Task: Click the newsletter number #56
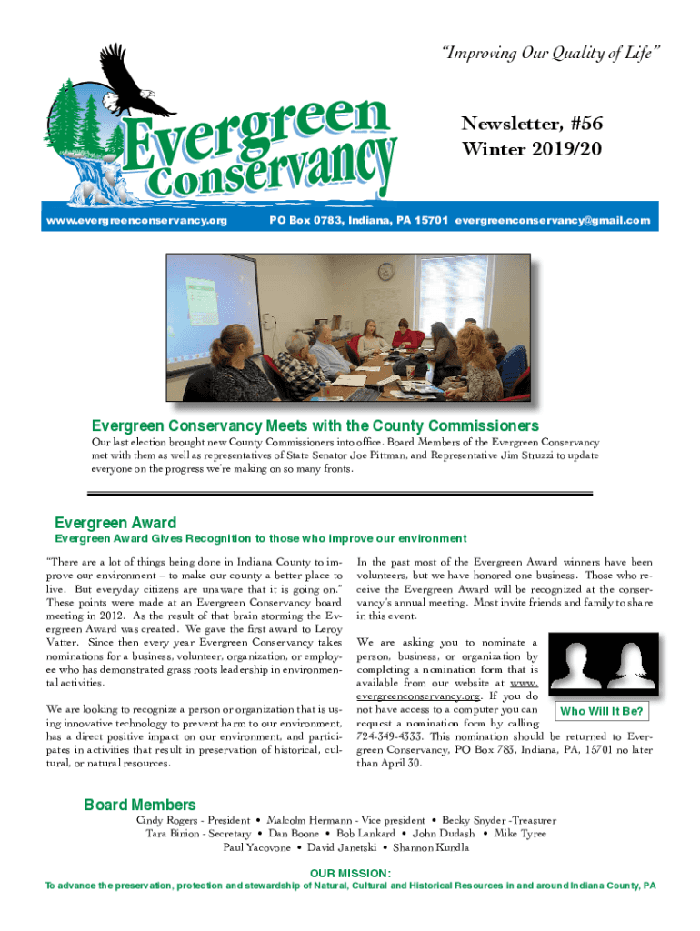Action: pyautogui.click(x=581, y=124)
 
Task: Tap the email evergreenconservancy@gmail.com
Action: pyautogui.click(x=553, y=221)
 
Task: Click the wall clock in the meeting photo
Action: pyautogui.click(x=385, y=271)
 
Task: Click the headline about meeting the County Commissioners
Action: pyautogui.click(x=315, y=425)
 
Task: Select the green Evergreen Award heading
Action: pyautogui.click(x=115, y=523)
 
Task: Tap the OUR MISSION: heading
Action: pyautogui.click(x=350, y=873)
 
